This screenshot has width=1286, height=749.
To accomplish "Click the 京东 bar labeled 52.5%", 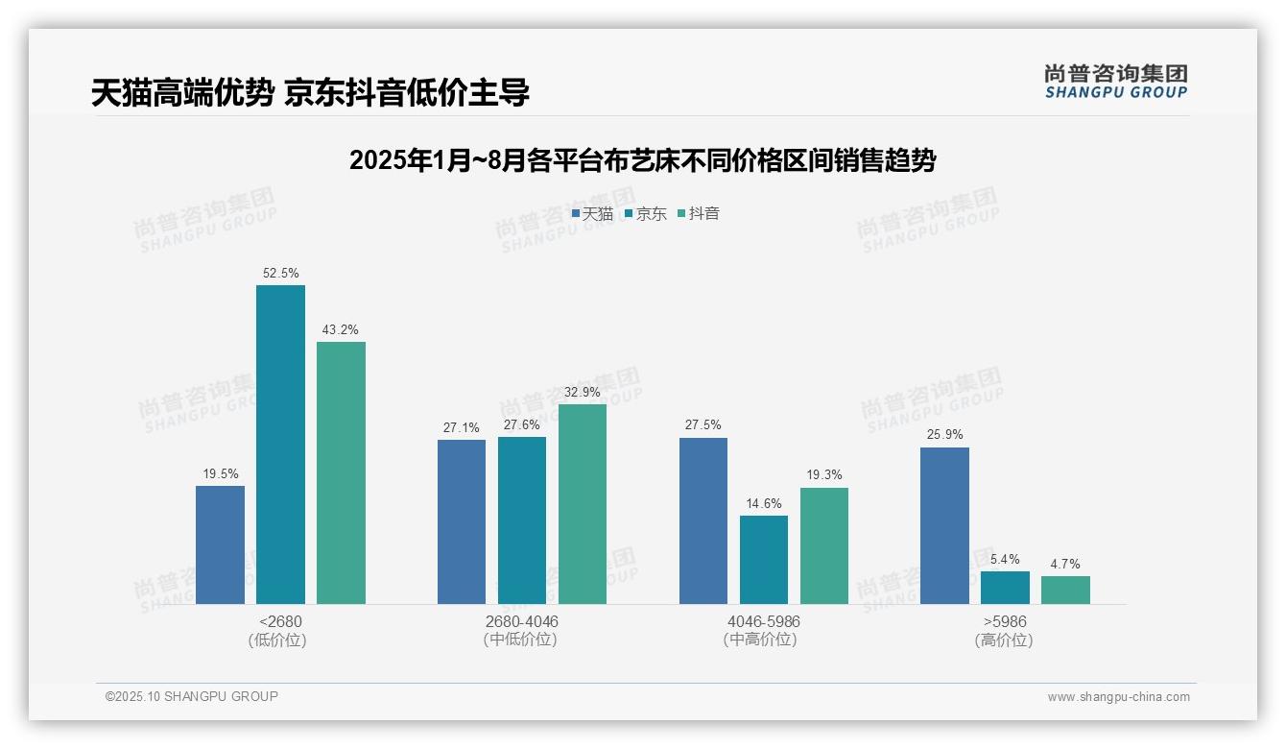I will pos(280,444).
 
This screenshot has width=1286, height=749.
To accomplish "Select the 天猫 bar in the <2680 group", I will pos(220,544).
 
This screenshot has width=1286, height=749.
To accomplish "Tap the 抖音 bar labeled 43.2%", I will pos(341,472).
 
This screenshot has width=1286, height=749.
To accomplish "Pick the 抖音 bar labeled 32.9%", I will pos(583,503).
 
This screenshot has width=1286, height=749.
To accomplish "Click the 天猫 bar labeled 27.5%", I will pos(703,520).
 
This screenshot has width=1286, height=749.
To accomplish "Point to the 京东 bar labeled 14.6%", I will pos(764,560).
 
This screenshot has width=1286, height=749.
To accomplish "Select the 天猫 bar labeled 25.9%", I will pos(944,525).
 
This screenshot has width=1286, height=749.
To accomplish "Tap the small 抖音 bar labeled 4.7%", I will pos(1065,590).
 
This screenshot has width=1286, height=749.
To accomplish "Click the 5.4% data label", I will pos(1005,559).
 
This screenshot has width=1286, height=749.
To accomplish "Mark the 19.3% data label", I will pos(824,475).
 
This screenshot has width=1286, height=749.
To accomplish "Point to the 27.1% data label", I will pos(462,427).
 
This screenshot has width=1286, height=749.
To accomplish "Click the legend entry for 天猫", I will pos(592,213).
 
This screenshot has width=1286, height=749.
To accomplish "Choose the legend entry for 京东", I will pos(645,213).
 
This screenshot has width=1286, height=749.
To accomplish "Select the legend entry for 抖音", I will pos(699,213).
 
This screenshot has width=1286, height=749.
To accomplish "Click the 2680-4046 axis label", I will pos(521,621).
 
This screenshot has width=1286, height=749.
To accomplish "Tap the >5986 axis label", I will pos(1004,621).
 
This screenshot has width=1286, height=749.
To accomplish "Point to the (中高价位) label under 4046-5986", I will pos(763,640).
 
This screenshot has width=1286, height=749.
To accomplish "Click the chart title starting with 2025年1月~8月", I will pos(642,160).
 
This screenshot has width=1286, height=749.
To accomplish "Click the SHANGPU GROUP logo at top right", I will pos(1115,82).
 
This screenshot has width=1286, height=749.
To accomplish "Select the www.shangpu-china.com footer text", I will pos(1118,697).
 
